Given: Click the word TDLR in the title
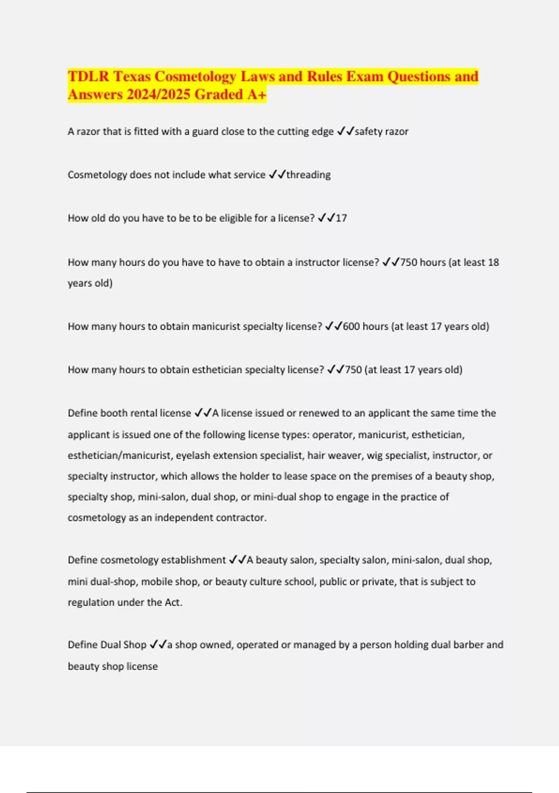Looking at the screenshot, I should pos(89,77).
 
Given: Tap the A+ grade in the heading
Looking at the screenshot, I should pos(257,95).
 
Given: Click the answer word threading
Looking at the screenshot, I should pos(308,175).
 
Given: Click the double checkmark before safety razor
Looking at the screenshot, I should pos(345,132).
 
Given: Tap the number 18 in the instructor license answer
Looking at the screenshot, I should pos(493,263).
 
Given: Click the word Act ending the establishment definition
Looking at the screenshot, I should pos(173,603).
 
